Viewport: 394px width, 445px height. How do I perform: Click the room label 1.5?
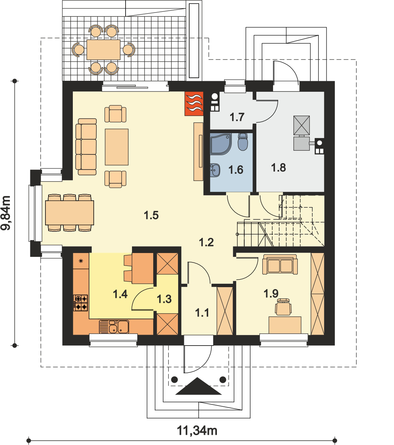[x=151, y=215]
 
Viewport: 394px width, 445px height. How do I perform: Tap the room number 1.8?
[x=279, y=167]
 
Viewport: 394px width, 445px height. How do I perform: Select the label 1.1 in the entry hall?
[x=202, y=313]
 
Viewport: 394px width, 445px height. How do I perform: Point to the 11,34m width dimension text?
[x=197, y=431]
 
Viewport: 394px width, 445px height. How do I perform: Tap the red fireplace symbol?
[x=194, y=104]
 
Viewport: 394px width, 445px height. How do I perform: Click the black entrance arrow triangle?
[x=198, y=386]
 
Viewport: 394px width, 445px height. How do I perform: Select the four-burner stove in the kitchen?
[x=81, y=303]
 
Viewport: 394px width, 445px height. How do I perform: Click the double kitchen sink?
[x=114, y=327]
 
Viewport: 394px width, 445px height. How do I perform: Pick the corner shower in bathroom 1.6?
[x=220, y=144]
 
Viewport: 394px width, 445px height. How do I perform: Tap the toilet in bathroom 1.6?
[x=243, y=142]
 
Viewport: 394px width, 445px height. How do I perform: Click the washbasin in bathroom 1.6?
[x=215, y=170]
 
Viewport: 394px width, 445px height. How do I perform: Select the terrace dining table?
[x=104, y=50]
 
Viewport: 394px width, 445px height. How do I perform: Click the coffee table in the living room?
[x=116, y=147]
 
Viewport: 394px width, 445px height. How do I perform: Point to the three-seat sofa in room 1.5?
[x=86, y=147]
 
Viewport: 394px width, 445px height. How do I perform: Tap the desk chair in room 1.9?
[x=283, y=307]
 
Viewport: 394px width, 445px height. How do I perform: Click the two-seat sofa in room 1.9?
[x=280, y=264]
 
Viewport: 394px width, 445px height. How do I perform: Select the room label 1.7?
[x=237, y=117]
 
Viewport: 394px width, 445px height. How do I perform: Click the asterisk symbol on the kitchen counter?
[x=81, y=261]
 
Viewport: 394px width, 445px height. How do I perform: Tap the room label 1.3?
[x=164, y=299]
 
